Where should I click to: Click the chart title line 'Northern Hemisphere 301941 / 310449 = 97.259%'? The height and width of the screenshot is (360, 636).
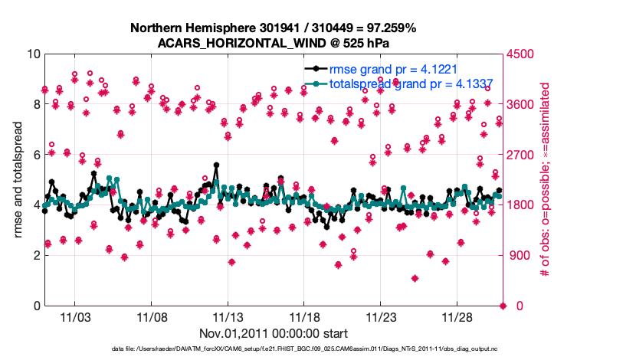[x=274, y=28]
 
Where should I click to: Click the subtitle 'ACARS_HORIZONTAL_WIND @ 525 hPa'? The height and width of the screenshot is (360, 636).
[x=274, y=43]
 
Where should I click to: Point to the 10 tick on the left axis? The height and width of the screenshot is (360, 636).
[x=33, y=54]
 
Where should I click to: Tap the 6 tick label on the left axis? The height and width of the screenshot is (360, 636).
[x=36, y=155]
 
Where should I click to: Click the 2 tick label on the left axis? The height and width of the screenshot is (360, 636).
[x=36, y=255]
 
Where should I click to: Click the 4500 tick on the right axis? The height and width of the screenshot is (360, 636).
[x=520, y=54]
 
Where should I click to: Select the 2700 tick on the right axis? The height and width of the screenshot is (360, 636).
[x=520, y=155]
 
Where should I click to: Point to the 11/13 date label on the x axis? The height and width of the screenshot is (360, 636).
[x=228, y=316]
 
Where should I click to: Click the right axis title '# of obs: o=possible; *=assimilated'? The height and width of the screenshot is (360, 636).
[x=546, y=180]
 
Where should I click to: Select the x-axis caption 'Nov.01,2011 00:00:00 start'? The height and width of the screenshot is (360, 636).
[x=274, y=333]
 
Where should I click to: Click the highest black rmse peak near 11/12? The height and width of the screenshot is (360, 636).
[x=217, y=165]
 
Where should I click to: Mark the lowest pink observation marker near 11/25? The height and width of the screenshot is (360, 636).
[x=415, y=278]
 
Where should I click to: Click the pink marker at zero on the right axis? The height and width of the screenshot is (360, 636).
[x=503, y=306]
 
